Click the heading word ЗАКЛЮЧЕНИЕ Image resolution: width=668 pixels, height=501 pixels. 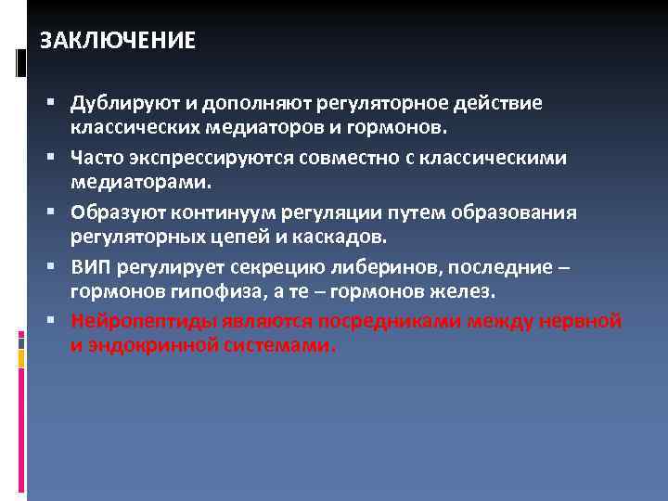click(x=118, y=42)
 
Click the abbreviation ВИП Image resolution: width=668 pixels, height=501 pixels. click(x=91, y=267)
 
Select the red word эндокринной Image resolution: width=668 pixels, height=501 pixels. click(x=154, y=345)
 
